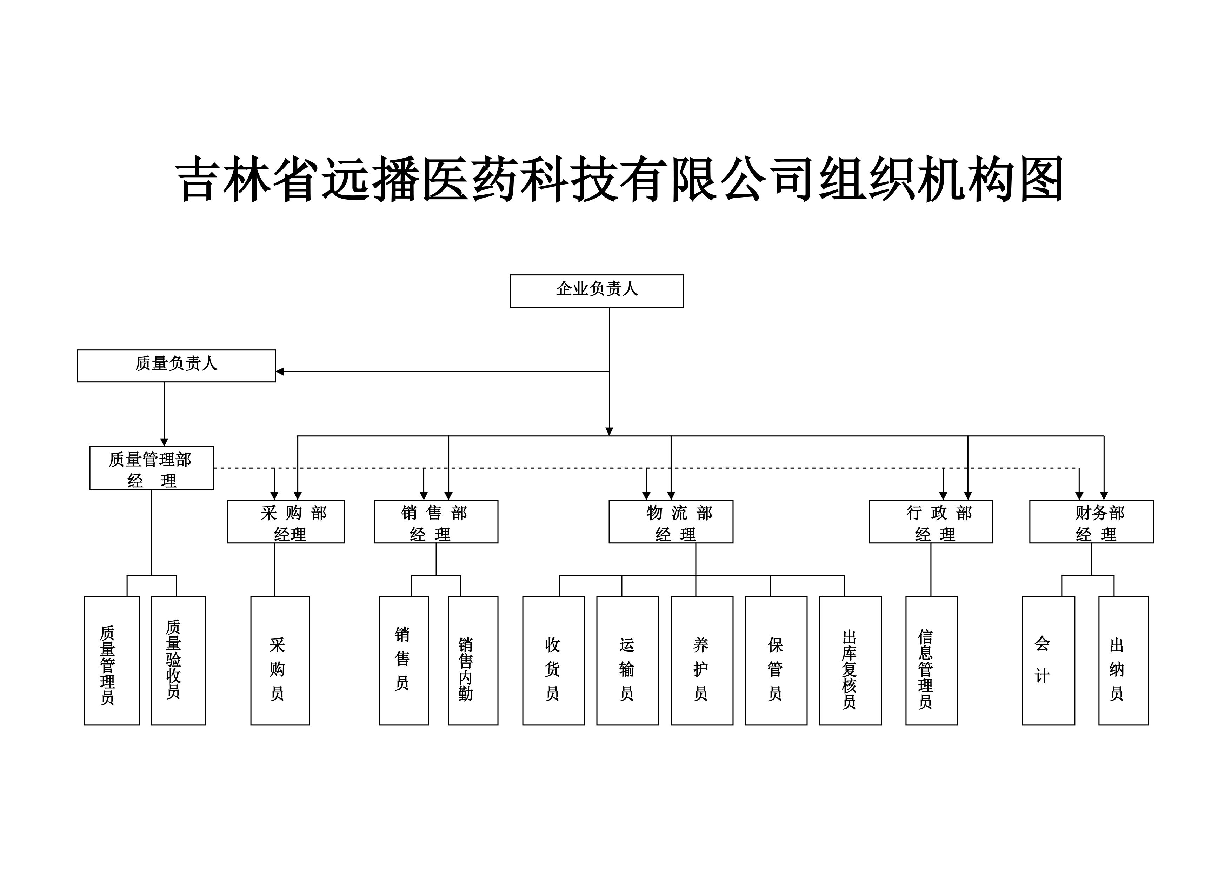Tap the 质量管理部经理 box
pyautogui.click(x=151, y=468)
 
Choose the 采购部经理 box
pyautogui.click(x=286, y=522)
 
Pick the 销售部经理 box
pyautogui.click(x=436, y=522)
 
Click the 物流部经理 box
pyautogui.click(x=671, y=522)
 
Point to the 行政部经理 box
pyautogui.click(x=930, y=522)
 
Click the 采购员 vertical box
pyautogui.click(x=280, y=661)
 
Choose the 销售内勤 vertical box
pyautogui.click(x=473, y=661)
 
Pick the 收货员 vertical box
pyautogui.click(x=553, y=661)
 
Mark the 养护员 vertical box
pyautogui.click(x=702, y=661)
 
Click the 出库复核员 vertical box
pyautogui.click(x=850, y=661)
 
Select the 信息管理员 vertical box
pyautogui.click(x=931, y=661)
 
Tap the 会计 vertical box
pyautogui.click(x=1048, y=661)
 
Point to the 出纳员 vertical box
pyautogui.click(x=1123, y=661)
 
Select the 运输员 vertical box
pyautogui.click(x=627, y=661)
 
